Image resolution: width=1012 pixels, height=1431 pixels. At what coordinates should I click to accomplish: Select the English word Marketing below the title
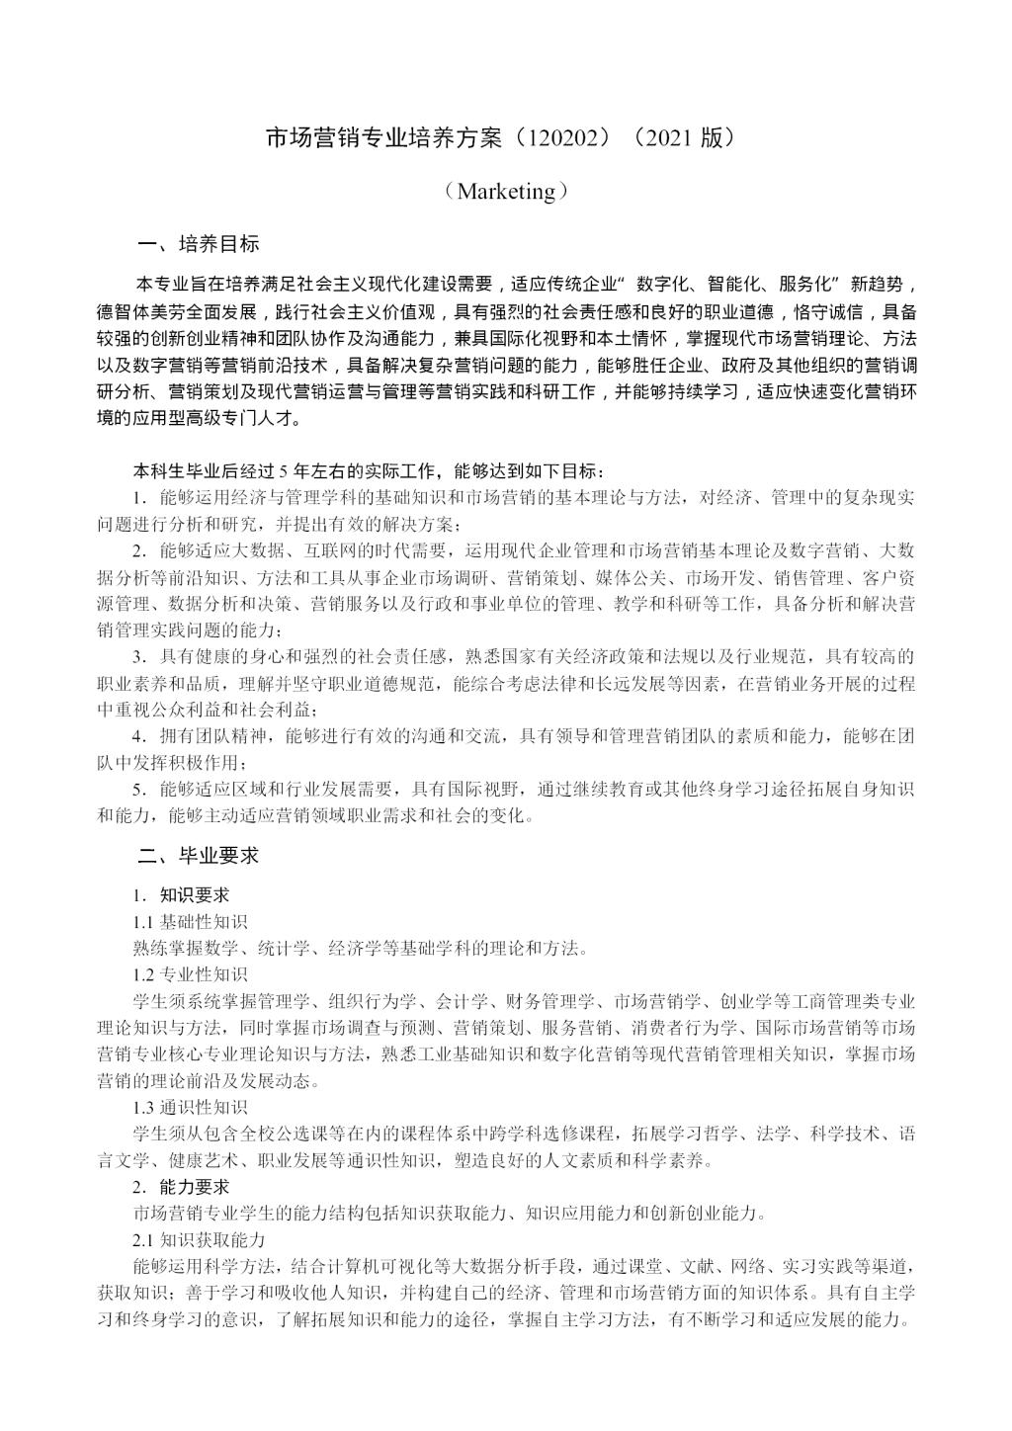pos(506,191)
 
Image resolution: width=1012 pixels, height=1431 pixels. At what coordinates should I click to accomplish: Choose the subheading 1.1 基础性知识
pos(191,922)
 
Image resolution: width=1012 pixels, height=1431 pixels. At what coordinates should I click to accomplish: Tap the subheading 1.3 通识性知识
pos(191,1107)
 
